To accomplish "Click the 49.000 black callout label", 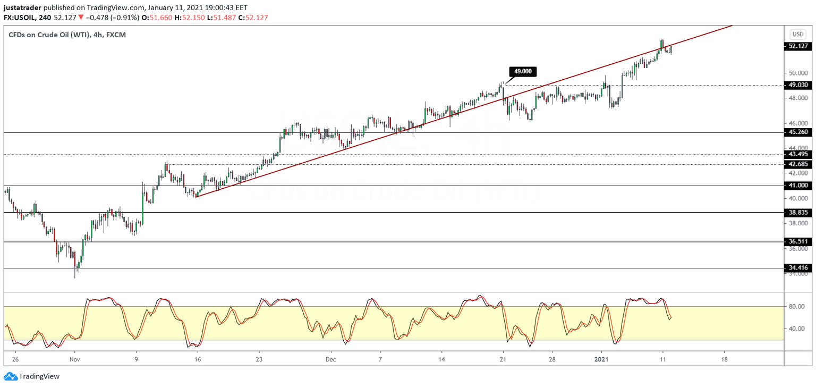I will (x=523, y=71).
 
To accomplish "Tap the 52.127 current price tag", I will (x=798, y=46).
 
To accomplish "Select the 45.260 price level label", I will (x=798, y=132).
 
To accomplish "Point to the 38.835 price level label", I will (x=798, y=213).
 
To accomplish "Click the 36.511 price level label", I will (x=798, y=242).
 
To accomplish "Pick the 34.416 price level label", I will (x=798, y=268).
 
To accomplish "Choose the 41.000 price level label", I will (x=798, y=186).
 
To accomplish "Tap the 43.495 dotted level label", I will (x=798, y=154).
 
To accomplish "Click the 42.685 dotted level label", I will (x=798, y=164).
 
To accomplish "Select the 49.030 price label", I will (x=798, y=85).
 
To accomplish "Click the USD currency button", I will (x=798, y=34).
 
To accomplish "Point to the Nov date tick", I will (x=75, y=359).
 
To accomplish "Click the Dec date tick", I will (x=330, y=359).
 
